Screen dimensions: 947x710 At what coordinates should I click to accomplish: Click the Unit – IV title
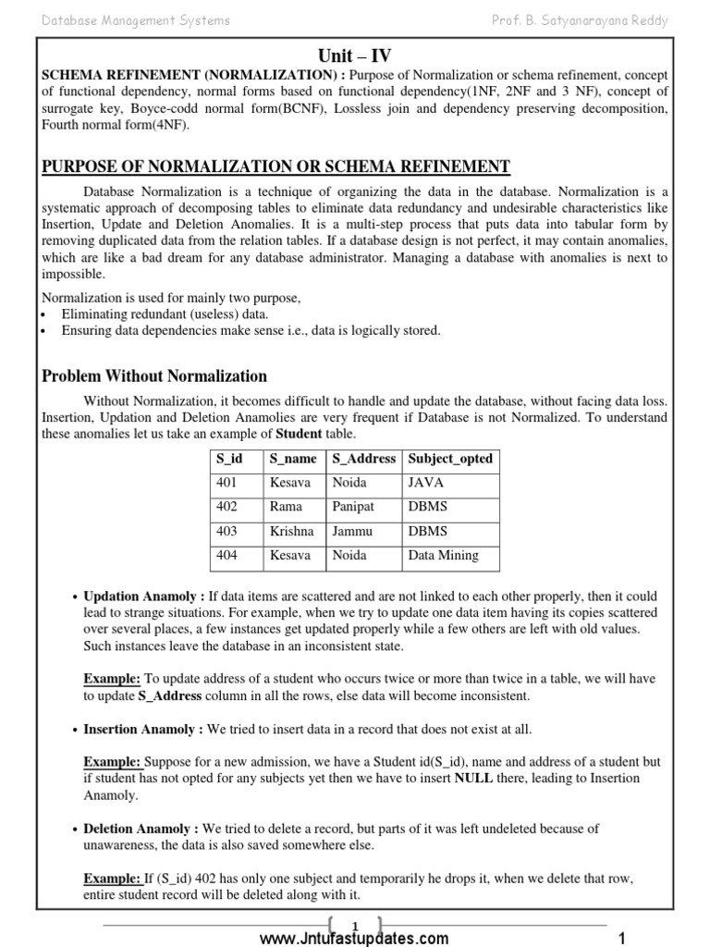[x=355, y=55]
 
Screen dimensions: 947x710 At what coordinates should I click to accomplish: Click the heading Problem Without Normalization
[x=154, y=376]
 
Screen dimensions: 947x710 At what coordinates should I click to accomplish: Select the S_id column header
[x=229, y=459]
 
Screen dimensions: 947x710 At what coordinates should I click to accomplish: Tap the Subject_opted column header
[x=450, y=459]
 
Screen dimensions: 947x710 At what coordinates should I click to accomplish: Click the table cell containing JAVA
[x=426, y=483]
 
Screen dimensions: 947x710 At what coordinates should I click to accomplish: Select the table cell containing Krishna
[x=291, y=531]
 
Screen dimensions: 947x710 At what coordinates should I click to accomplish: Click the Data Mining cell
[x=443, y=556]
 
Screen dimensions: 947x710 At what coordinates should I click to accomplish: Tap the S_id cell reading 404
[x=226, y=556]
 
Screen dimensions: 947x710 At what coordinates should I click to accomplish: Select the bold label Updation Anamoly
[x=143, y=596]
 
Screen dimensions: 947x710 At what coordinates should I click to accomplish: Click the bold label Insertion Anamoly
[x=143, y=730]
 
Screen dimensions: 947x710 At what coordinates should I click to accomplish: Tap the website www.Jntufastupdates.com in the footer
[x=354, y=938]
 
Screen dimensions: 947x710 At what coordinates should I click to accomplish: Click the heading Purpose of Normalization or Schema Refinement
[x=276, y=166]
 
